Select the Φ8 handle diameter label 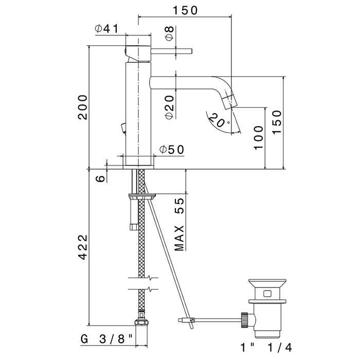[169, 34]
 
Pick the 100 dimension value [259, 138]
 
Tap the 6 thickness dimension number [101, 178]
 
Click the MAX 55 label [179, 224]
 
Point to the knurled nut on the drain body [245, 320]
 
